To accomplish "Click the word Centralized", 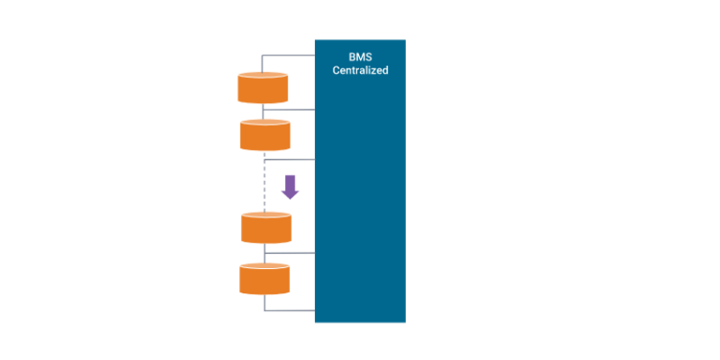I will point(360,70).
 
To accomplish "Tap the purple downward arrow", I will point(290,186).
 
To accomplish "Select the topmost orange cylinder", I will point(262,87).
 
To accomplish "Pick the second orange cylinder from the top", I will point(265,136).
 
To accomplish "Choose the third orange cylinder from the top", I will point(266,228).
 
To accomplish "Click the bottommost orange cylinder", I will point(264,279).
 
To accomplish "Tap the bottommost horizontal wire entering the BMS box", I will point(291,311).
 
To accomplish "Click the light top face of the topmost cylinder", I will point(262,75).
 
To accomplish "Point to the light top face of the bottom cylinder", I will point(264,267).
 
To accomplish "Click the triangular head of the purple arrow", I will point(290,192).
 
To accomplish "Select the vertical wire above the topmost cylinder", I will point(262,63).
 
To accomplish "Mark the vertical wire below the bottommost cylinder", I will point(265,302).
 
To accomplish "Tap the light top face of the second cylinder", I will point(265,123).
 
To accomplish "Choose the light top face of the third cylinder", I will point(266,216).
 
